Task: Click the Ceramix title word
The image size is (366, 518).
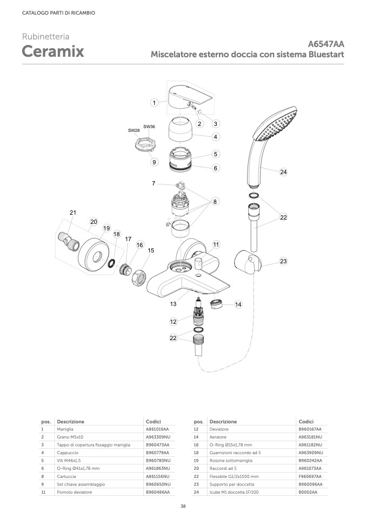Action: (x=52, y=51)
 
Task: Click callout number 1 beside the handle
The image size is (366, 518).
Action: (x=155, y=102)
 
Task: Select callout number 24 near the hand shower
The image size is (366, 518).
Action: (x=283, y=172)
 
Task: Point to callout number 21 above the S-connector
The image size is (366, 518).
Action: (x=73, y=212)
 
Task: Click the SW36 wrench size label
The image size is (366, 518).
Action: (x=149, y=127)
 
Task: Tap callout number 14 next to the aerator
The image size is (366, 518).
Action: (x=238, y=304)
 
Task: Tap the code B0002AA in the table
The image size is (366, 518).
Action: (x=308, y=493)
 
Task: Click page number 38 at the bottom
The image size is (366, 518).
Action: (x=183, y=506)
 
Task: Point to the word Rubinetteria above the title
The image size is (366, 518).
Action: (x=45, y=37)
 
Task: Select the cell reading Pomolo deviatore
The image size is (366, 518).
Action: (x=75, y=493)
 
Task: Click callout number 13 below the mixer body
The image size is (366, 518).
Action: (x=173, y=304)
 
